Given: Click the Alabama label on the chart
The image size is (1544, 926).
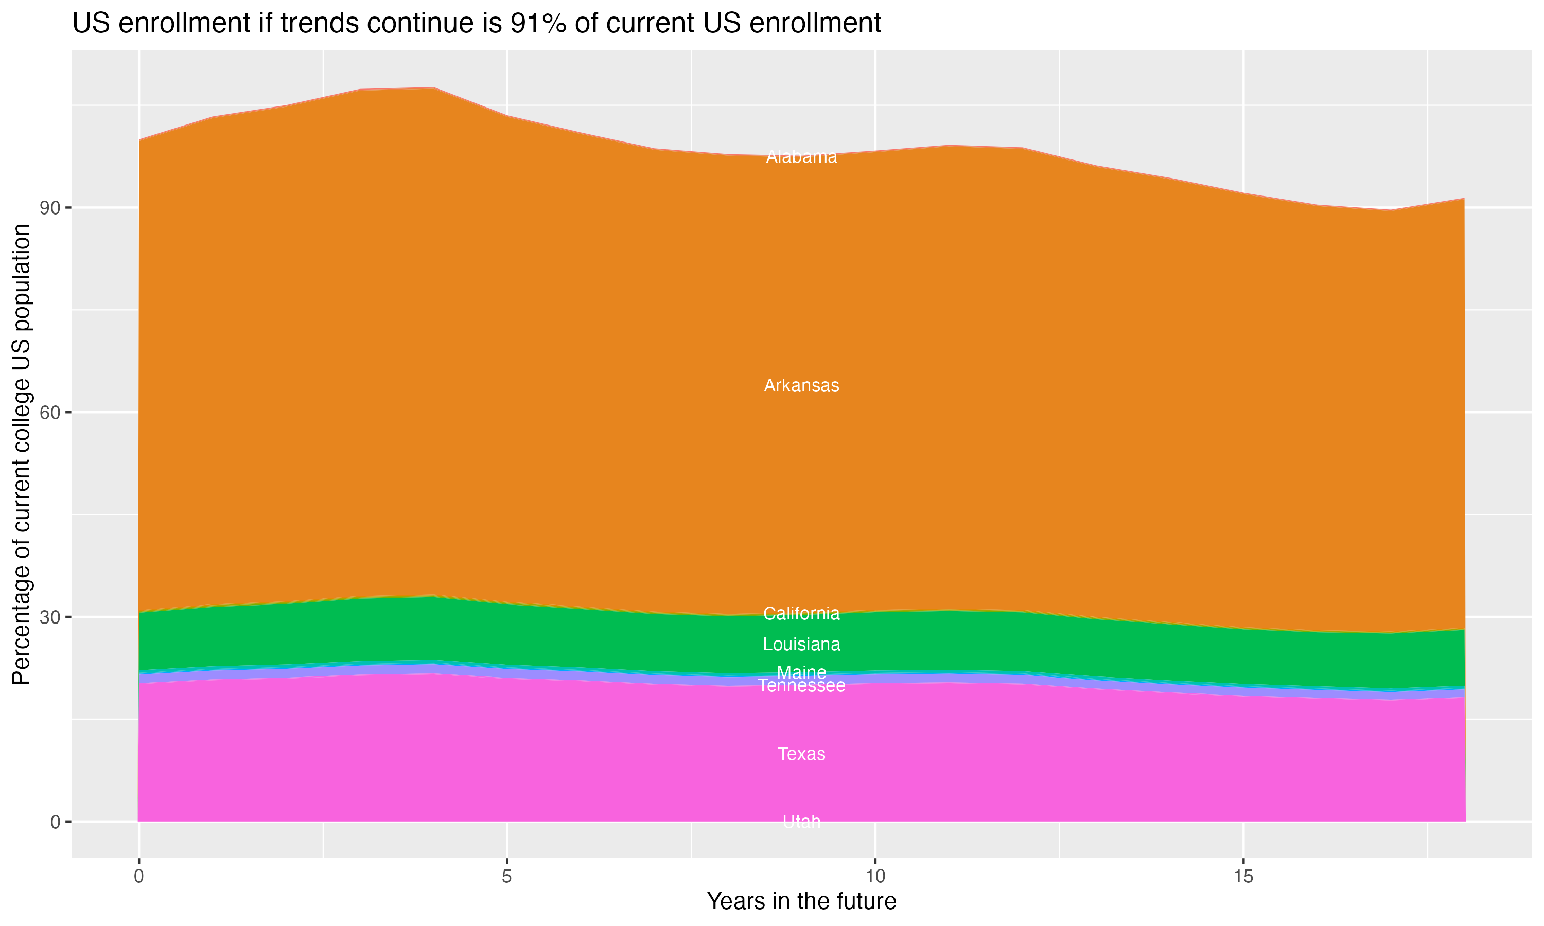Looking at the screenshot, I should pyautogui.click(x=801, y=157).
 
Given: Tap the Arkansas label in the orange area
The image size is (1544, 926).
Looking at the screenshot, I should pyautogui.click(x=801, y=386).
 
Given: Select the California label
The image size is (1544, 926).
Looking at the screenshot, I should pyautogui.click(x=801, y=614).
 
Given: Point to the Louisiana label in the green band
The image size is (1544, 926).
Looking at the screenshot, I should pyautogui.click(x=801, y=645).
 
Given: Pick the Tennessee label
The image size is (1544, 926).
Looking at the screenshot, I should pyautogui.click(x=801, y=686).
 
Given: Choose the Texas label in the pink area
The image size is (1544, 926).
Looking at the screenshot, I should pyautogui.click(x=801, y=754).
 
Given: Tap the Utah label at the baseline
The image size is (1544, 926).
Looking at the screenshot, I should pyautogui.click(x=801, y=822).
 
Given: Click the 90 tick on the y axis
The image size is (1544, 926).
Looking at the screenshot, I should pyautogui.click(x=50, y=208).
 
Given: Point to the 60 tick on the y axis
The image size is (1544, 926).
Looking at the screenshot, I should pyautogui.click(x=50, y=413).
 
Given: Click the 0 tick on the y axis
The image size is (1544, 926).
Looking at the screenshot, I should pyautogui.click(x=56, y=822).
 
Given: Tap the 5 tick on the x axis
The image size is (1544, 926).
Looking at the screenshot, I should pyautogui.click(x=507, y=877).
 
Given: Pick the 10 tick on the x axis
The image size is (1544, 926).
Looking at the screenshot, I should pyautogui.click(x=875, y=877).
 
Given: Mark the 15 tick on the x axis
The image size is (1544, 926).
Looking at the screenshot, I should pyautogui.click(x=1243, y=877).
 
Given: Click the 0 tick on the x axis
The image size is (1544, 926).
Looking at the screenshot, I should pyautogui.click(x=138, y=877).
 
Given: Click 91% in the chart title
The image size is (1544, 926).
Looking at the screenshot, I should pyautogui.click(x=537, y=24).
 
